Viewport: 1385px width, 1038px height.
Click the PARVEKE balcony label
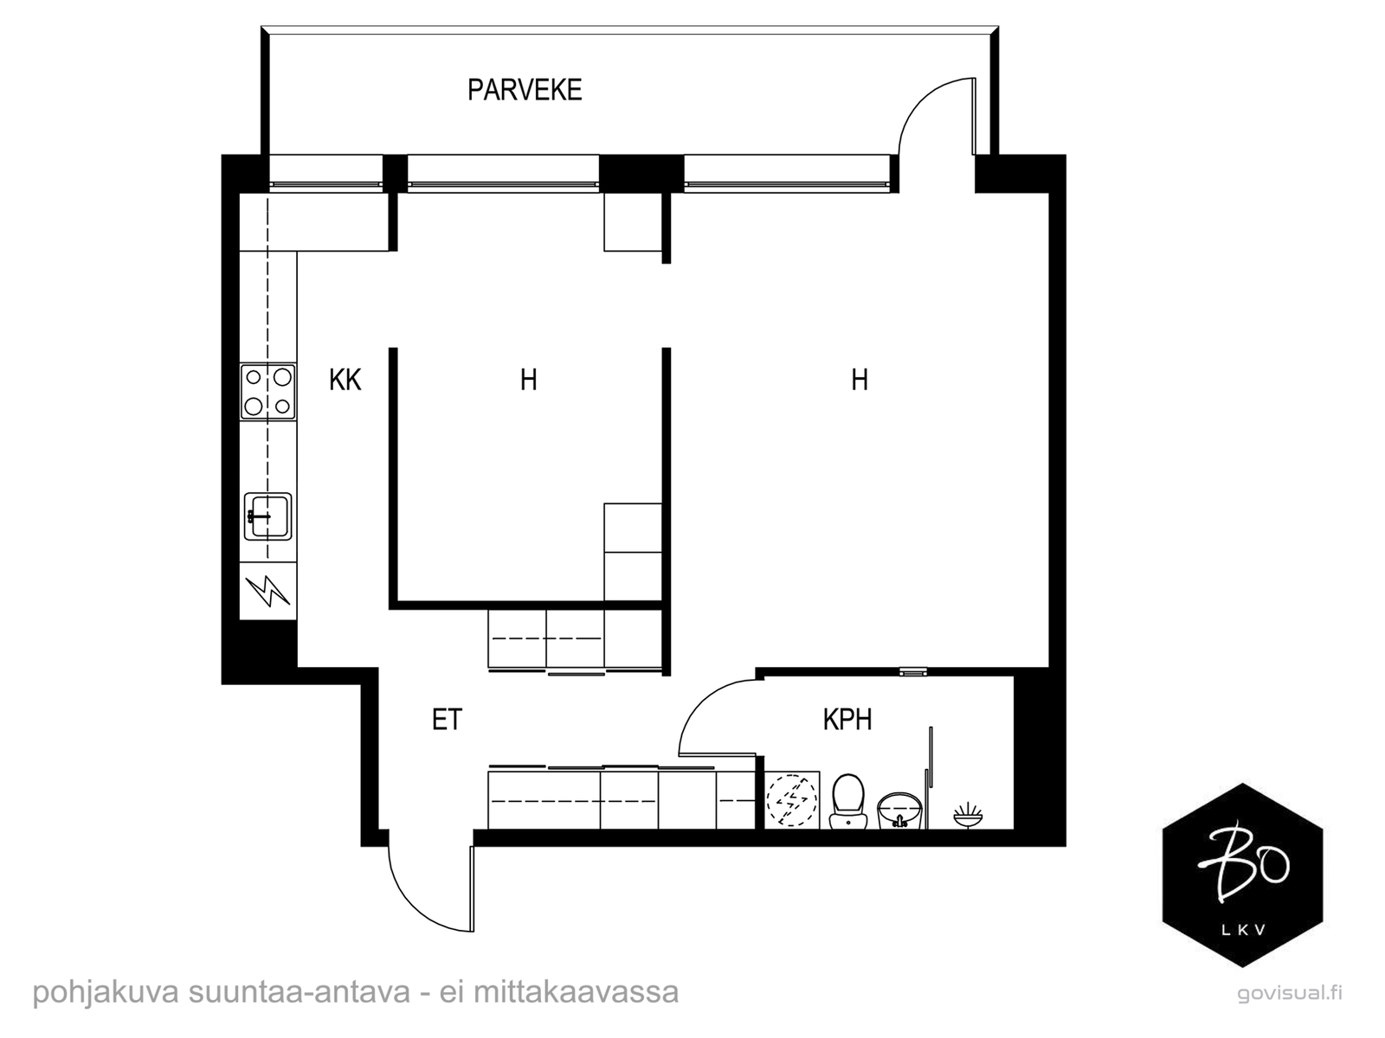tap(525, 90)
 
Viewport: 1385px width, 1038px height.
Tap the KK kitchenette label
tap(345, 380)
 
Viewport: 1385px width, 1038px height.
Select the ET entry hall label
tap(448, 720)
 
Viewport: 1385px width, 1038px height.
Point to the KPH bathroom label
tap(847, 719)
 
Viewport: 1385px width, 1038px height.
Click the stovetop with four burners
tap(268, 391)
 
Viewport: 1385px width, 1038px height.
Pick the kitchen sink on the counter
tap(268, 516)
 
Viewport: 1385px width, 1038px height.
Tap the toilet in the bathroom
tap(847, 801)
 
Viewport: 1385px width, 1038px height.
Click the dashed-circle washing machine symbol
tap(792, 800)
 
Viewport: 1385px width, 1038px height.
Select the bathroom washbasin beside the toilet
tap(900, 811)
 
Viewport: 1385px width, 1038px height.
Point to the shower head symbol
tap(968, 816)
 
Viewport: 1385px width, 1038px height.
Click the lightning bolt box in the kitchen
tap(268, 591)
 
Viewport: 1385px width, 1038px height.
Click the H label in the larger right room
tap(860, 380)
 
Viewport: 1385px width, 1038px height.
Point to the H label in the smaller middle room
tap(529, 380)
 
